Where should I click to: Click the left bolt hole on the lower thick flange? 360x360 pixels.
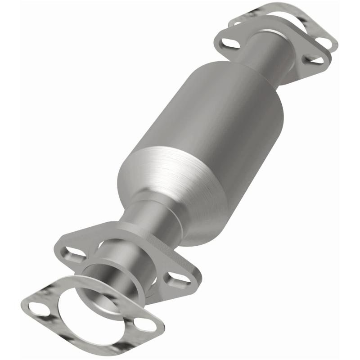coord(73,252)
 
